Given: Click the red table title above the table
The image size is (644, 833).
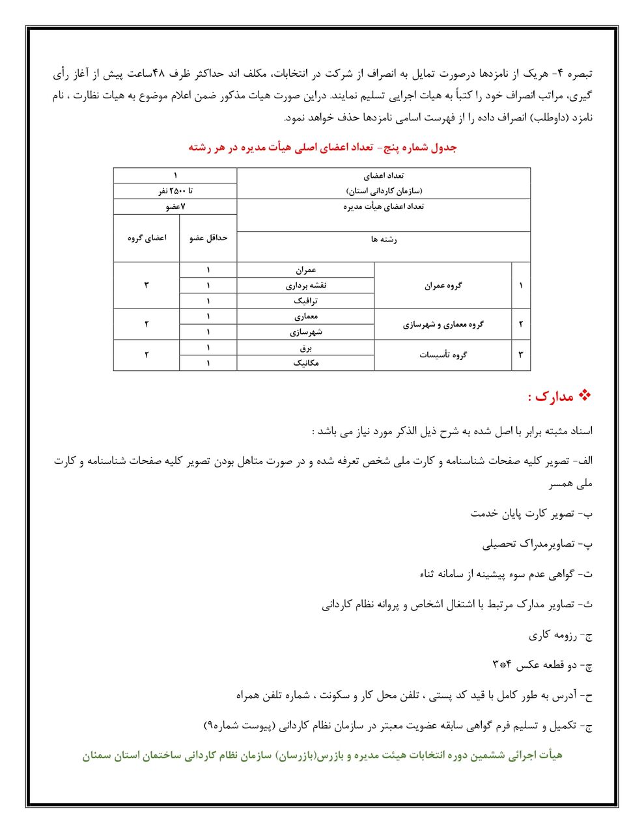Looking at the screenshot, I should [322, 148].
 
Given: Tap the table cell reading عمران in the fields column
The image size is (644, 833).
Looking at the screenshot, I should [305, 270].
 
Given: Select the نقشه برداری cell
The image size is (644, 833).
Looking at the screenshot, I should [305, 286].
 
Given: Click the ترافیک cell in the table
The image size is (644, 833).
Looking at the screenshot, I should [305, 301].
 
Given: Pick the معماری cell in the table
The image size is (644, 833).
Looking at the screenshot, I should [305, 317].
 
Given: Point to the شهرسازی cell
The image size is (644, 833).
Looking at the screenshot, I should [305, 332].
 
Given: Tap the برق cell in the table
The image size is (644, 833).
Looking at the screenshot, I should [305, 348].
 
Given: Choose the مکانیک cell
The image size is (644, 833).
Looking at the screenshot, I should [305, 363].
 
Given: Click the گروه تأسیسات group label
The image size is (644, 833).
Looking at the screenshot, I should [443, 355].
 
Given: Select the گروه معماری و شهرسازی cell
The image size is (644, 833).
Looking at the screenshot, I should [443, 324].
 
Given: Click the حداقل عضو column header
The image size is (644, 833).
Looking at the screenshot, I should [208, 238].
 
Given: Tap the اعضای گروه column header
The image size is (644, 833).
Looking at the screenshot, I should [147, 238].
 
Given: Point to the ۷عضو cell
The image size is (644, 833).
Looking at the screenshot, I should [175, 207].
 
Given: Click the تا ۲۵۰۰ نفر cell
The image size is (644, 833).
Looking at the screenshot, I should [175, 191].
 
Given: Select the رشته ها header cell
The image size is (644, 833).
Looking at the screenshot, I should [384, 239].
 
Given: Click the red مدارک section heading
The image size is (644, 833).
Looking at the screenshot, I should [550, 396].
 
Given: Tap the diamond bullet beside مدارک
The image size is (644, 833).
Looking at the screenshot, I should [584, 395].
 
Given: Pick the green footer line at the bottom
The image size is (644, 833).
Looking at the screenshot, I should [322, 756].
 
